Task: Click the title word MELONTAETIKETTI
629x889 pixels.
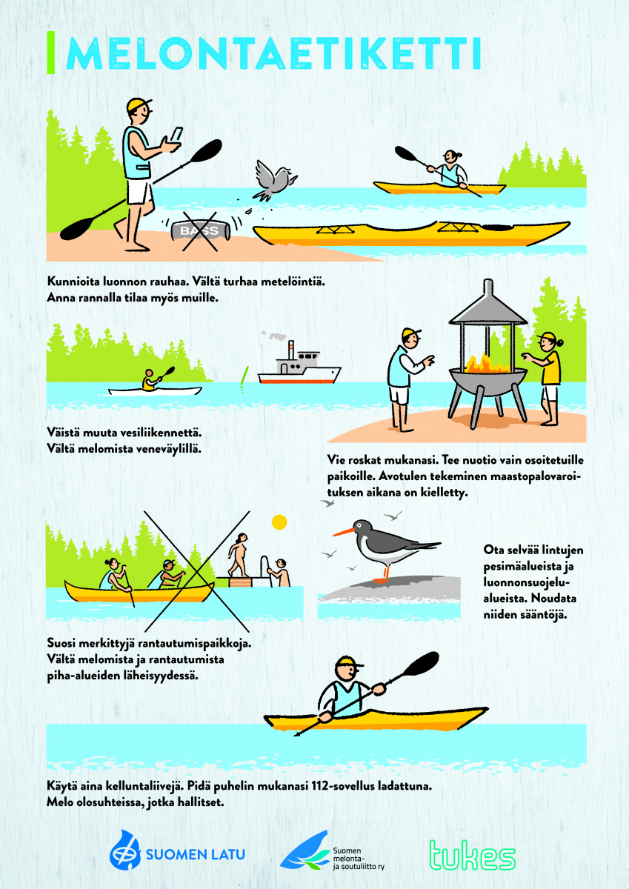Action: coord(274,53)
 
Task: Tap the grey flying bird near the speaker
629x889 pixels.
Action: coord(276,179)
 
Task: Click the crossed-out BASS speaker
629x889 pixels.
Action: coord(201,231)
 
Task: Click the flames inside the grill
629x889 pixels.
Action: coord(487,363)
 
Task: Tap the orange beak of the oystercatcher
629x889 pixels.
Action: coord(343,532)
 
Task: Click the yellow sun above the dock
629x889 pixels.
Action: coord(279,522)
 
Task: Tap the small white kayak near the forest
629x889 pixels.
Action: coord(155,391)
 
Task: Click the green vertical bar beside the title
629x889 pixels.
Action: coord(51,53)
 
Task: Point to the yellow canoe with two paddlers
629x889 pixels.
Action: coord(139,592)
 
